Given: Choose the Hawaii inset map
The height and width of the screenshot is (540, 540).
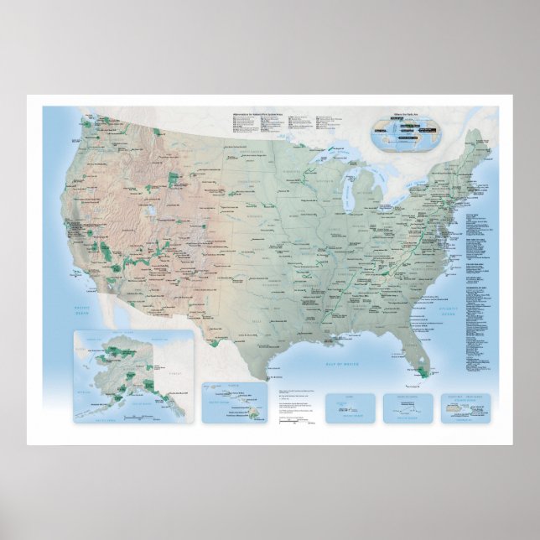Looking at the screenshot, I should click(x=233, y=402).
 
